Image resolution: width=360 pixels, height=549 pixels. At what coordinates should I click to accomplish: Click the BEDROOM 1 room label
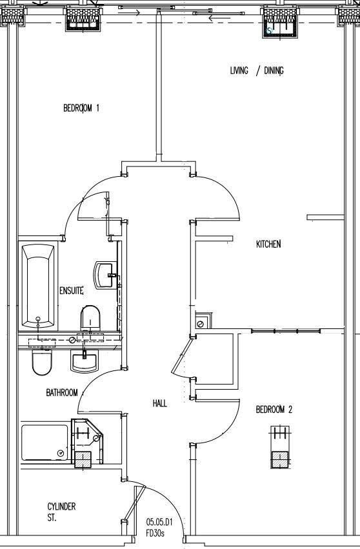[x=81, y=108]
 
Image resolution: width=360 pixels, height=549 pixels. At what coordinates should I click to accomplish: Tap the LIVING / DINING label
[x=257, y=71]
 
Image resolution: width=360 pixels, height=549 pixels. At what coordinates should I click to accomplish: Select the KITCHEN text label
[x=268, y=244]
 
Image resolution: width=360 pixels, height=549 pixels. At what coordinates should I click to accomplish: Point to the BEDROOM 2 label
[x=274, y=409]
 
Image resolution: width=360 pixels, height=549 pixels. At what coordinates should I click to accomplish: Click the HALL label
[x=160, y=403]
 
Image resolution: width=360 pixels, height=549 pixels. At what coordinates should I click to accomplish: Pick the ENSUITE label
[x=72, y=290]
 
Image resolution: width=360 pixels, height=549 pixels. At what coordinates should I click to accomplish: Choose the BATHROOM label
[x=62, y=392]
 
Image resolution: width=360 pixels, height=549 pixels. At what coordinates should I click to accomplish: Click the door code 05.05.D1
[x=159, y=523]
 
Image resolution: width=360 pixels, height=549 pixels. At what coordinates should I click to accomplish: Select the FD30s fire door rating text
[x=155, y=534]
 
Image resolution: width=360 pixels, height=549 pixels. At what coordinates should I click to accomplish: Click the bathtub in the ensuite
[x=38, y=286]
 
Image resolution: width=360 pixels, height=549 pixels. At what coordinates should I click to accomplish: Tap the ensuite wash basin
[x=105, y=275]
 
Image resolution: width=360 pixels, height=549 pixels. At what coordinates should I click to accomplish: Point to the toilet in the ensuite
[x=90, y=317]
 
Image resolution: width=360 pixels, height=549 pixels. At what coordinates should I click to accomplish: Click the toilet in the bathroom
[x=42, y=363]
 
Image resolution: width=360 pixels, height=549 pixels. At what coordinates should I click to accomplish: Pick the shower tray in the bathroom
[x=45, y=443]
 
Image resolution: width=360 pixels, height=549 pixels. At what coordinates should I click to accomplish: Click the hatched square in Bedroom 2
[x=280, y=459]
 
